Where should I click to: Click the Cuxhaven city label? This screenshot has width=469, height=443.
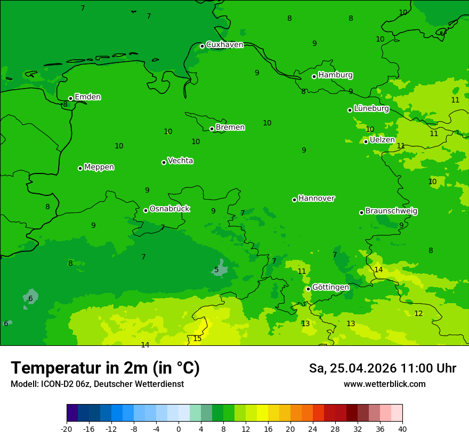point(224,45)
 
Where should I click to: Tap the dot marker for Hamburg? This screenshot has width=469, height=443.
point(314,76)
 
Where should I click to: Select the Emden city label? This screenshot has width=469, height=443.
point(87,97)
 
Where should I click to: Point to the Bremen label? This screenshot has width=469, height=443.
point(230,128)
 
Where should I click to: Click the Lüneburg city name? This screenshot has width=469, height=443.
point(371,109)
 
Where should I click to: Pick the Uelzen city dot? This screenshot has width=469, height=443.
point(366,141)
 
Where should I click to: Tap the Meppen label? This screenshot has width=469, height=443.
point(99,167)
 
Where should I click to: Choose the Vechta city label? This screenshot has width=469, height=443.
point(180,161)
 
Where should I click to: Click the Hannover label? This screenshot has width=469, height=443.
point(317,199)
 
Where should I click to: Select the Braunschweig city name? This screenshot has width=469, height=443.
point(391,211)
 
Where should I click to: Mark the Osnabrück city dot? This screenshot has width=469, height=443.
point(145,210)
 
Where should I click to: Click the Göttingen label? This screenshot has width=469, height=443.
point(330,288)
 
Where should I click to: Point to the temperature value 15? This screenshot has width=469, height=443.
point(197,339)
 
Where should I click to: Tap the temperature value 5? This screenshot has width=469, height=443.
point(216,270)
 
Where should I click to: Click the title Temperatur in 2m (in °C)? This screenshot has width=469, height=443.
point(105,368)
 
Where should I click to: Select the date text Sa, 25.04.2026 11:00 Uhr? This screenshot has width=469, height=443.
point(382,368)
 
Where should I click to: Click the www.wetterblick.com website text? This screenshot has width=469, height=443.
point(384,384)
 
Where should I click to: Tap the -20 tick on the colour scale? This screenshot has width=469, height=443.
point(67,429)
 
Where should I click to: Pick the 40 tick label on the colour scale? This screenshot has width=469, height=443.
point(402,429)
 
